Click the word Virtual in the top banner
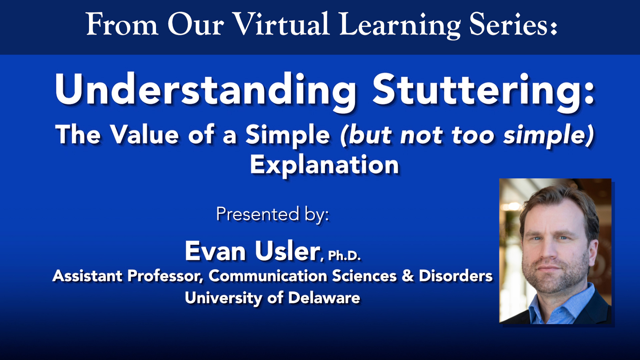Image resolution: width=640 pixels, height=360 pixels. coord(281,24)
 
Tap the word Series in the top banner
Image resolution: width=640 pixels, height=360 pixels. coord(513,24)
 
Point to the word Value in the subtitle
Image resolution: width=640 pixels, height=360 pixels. coord(145,135)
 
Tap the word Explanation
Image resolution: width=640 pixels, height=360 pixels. coord(324,165)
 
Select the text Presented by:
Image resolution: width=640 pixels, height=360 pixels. coord(272,214)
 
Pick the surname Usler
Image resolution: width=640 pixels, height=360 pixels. coord(287,251)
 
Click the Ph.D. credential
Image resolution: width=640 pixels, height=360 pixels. coord(344,256)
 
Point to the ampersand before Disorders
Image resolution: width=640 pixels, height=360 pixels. coord(408,276)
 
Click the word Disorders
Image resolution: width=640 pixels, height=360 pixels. coord(456,276)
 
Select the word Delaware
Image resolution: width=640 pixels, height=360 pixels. coord(324,298)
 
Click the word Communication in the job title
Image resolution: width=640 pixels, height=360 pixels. coord(268,276)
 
